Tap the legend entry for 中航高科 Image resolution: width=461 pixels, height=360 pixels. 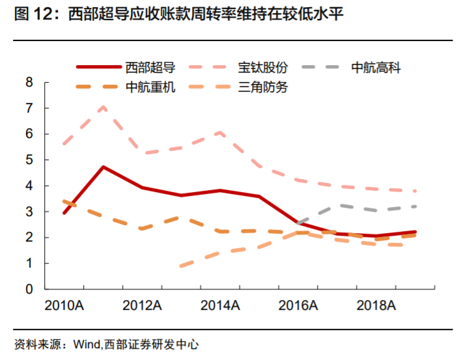pyautogui.click(x=376, y=67)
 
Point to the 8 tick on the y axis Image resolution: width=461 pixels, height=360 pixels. pyautogui.click(x=29, y=82)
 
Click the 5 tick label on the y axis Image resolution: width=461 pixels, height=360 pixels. pyautogui.click(x=29, y=160)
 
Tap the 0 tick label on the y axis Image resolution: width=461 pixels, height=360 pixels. pyautogui.click(x=29, y=290)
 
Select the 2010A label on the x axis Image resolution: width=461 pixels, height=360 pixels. pyautogui.click(x=63, y=305)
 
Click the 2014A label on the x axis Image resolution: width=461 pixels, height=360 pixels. pyautogui.click(x=220, y=305)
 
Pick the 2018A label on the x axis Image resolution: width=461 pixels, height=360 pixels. pyautogui.click(x=376, y=305)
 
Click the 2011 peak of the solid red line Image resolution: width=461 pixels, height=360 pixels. pyautogui.click(x=103, y=167)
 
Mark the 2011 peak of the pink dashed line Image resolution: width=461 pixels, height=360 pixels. pyautogui.click(x=103, y=107)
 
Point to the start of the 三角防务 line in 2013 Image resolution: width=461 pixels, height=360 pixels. pyautogui.click(x=181, y=266)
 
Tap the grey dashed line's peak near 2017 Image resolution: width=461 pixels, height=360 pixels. pyautogui.click(x=337, y=205)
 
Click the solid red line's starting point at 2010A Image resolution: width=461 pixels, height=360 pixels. pyautogui.click(x=64, y=213)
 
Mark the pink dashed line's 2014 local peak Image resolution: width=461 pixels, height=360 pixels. pyautogui.click(x=220, y=132)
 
